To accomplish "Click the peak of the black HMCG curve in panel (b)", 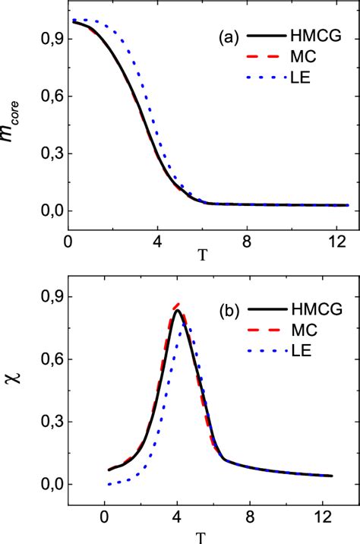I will coord(177,310).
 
